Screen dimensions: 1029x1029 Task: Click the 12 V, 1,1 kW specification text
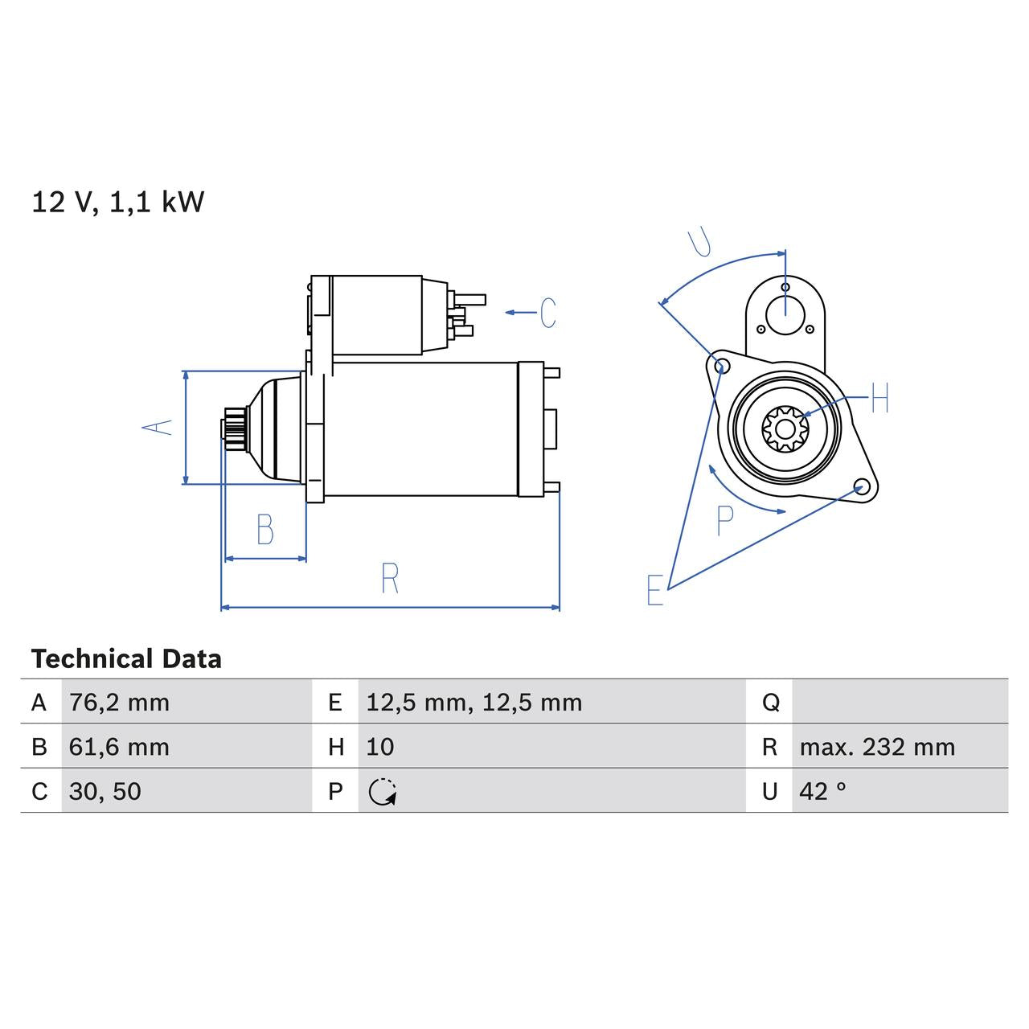117,202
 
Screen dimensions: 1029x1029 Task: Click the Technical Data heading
126,659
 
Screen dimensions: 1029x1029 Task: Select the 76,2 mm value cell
119,703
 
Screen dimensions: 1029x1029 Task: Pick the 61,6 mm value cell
119,747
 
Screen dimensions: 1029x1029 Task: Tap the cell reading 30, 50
105,791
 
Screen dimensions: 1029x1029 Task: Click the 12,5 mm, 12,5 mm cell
474,703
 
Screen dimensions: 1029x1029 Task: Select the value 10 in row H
379,747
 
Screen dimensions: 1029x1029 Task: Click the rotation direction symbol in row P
383,792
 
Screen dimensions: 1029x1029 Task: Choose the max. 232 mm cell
876,747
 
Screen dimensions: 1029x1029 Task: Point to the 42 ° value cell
822,791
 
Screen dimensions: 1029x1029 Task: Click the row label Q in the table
770,703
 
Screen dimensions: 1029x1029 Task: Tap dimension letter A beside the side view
158,427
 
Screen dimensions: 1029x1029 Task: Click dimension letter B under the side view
264,530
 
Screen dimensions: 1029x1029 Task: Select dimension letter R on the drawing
390,579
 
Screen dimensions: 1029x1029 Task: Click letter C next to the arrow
547,313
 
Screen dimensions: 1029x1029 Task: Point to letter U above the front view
700,242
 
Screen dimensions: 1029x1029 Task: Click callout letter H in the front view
879,398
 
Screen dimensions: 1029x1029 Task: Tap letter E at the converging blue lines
655,590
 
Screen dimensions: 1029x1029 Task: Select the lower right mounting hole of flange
861,487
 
